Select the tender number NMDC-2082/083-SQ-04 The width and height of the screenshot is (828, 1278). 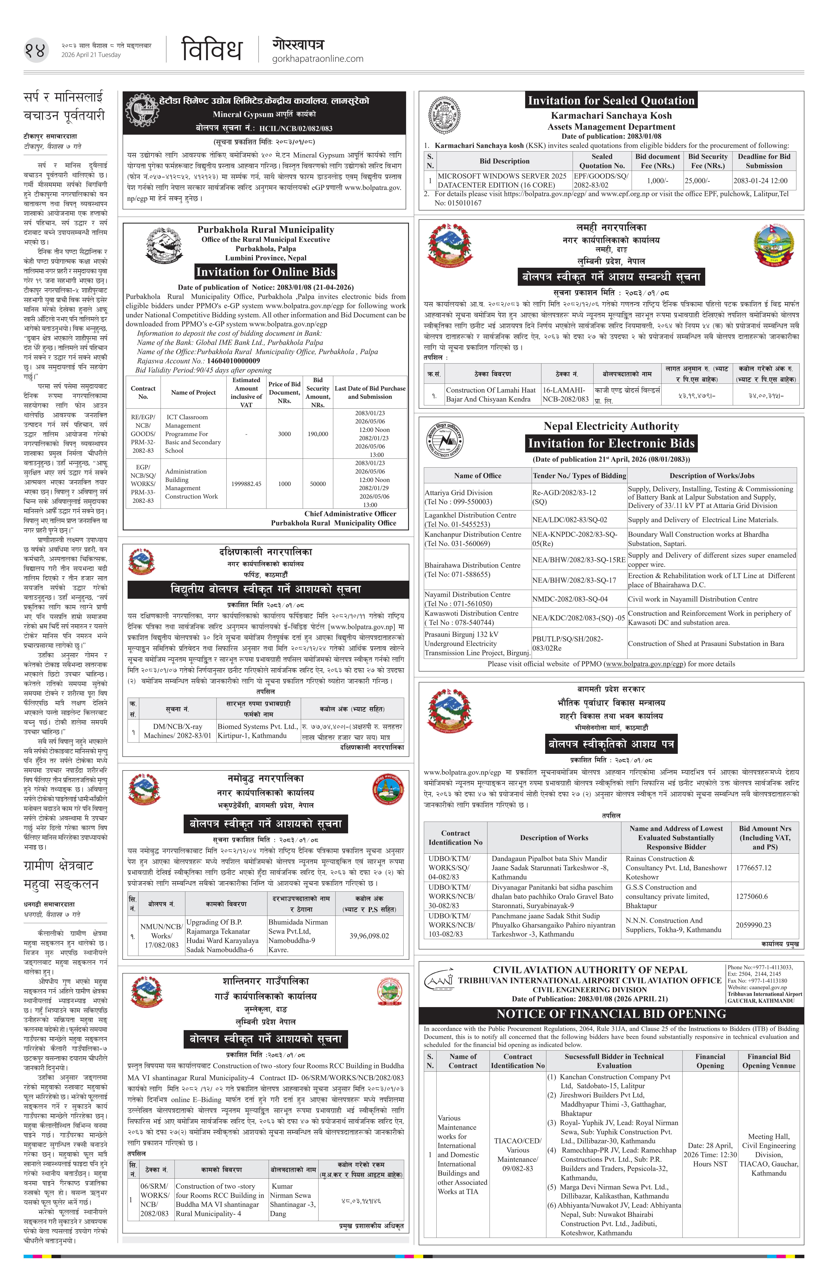[569, 599]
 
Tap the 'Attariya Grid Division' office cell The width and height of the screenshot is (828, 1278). [458, 497]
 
